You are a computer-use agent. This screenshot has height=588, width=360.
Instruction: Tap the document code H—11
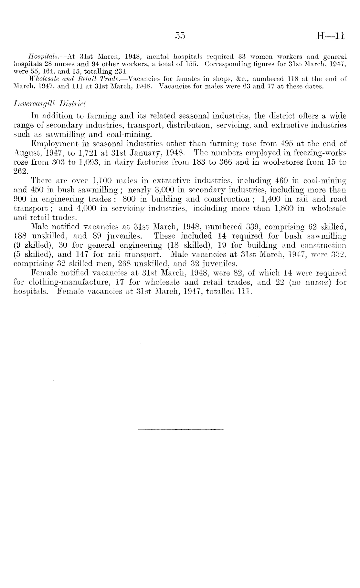(327, 35)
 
